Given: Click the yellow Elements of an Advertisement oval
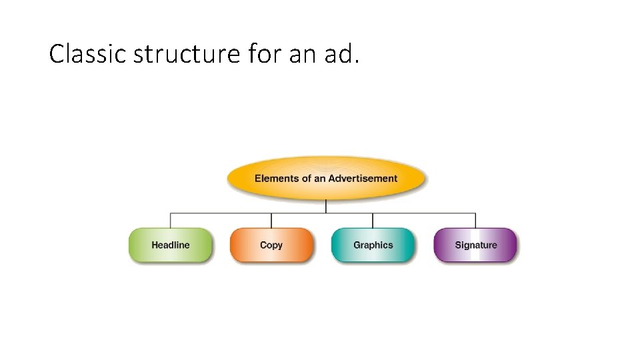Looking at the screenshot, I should [x=326, y=178].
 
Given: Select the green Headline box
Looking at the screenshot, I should [x=171, y=245].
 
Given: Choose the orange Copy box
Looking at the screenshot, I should [x=271, y=245].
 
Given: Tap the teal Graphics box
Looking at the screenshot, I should [x=373, y=245].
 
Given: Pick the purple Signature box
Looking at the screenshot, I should [x=475, y=245].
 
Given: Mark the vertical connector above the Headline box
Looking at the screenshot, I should [x=171, y=221].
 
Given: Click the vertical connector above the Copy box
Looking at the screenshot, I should [x=271, y=221].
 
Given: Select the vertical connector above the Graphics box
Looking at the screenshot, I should [x=373, y=221].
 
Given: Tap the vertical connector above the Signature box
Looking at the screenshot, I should [x=475, y=221].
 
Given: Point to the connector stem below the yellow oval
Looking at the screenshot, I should [x=326, y=206].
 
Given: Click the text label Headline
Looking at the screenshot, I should [x=171, y=245].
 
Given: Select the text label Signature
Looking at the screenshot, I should [x=476, y=245].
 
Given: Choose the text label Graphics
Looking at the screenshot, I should [x=373, y=245].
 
